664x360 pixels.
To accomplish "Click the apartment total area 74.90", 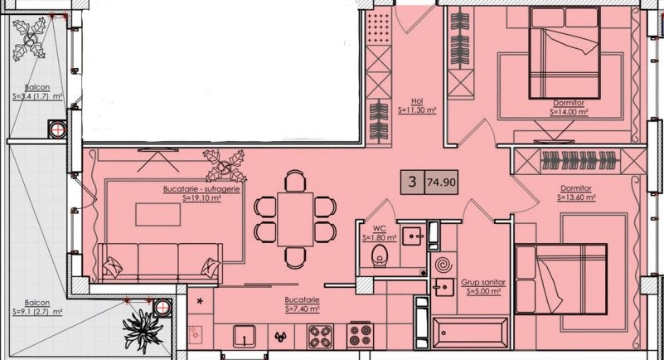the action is coord(441,182).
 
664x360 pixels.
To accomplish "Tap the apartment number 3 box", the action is coord(413,182).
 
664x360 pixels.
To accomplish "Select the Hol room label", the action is coord(417,101).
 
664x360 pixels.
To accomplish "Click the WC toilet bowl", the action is coord(380,255).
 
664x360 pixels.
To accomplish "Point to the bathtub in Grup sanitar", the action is coord(470,332).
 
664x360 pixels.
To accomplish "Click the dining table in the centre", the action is coord(295,219).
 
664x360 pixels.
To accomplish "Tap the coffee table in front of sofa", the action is coord(158,214).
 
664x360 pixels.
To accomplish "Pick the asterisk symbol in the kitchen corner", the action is coord(200,302).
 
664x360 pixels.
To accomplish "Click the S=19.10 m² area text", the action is coord(201,197).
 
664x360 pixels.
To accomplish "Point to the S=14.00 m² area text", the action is coord(569,112).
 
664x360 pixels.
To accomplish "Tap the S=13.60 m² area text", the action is coord(576,197).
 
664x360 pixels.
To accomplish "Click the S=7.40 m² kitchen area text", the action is coord(302,309).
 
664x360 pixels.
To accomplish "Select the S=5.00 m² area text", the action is coord(483,291).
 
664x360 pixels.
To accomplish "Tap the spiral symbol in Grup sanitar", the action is coord(443,265).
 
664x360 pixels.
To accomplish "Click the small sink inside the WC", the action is coord(412,236).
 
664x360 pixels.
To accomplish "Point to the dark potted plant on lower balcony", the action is coord(142,330).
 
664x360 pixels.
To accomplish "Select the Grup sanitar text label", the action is coord(483,283).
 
